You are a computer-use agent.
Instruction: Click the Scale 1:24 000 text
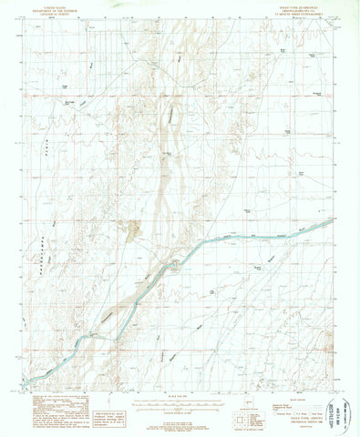pos(182,394)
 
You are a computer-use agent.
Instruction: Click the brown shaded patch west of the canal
pos(135,230)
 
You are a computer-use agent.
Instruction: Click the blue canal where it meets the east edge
pos(331,218)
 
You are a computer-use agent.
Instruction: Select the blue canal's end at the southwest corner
pos(28,381)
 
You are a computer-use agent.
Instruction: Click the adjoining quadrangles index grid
pos(245,411)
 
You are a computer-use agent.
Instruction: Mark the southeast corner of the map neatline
pos(332,389)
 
